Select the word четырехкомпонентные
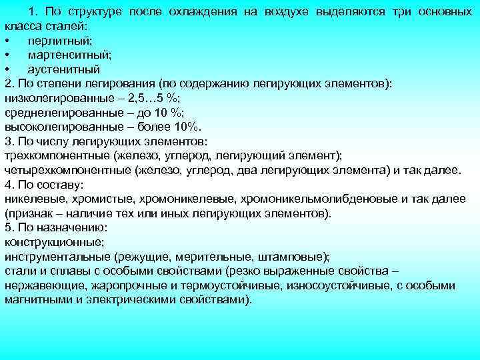click(x=67, y=169)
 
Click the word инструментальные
click(x=57, y=257)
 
